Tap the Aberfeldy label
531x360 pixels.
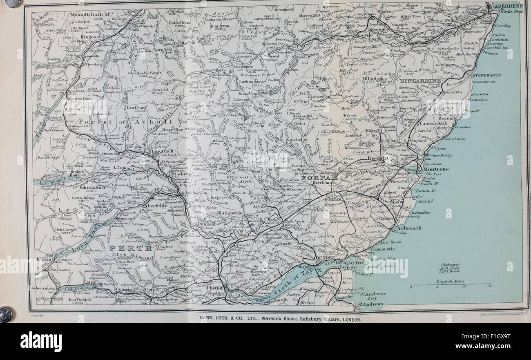point(155,206)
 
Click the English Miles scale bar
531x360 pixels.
point(450,284)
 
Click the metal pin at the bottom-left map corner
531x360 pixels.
point(6,314)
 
